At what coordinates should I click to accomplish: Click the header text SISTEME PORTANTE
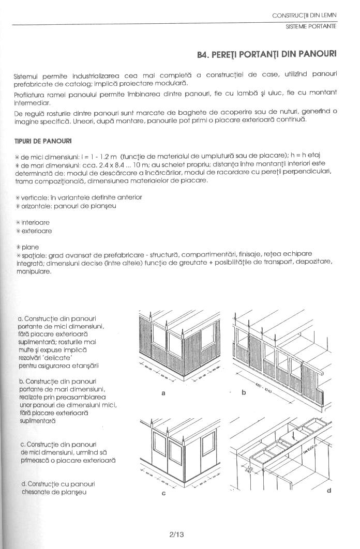(x=311, y=26)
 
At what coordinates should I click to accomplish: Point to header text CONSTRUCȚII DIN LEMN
(x=305, y=16)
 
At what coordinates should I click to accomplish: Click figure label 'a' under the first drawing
(x=163, y=393)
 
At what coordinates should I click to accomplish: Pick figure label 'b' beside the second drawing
(x=243, y=392)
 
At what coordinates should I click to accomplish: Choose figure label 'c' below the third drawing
(x=163, y=493)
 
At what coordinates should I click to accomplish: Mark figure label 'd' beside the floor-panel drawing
(x=328, y=490)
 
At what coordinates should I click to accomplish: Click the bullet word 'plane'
(x=31, y=247)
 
